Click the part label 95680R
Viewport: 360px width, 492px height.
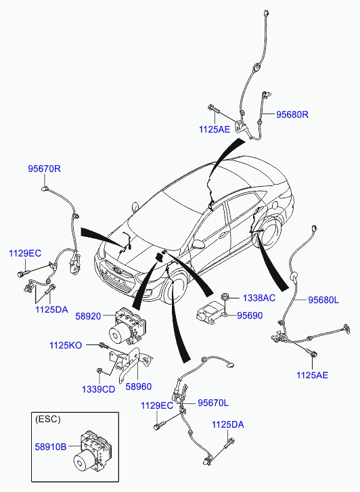tap(292, 114)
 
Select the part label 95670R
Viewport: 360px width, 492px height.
tap(44, 169)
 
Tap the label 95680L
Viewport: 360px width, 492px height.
tap(323, 300)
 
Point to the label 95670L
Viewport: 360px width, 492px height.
tap(213, 403)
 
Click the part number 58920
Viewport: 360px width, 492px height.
tap(88, 316)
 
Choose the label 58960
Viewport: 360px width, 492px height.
tap(139, 386)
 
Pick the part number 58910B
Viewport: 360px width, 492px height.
tap(51, 447)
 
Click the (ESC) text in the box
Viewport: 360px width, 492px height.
tap(48, 419)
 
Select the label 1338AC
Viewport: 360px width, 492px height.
tap(259, 298)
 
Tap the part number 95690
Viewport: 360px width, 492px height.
tap(250, 315)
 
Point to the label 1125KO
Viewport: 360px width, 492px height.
tap(66, 345)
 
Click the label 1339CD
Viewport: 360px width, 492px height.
tap(98, 389)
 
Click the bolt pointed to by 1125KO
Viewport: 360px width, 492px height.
tap(104, 346)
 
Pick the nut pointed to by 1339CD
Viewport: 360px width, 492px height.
tap(99, 371)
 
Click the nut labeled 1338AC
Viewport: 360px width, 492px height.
tap(224, 296)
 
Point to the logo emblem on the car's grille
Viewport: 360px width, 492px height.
tap(117, 269)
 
